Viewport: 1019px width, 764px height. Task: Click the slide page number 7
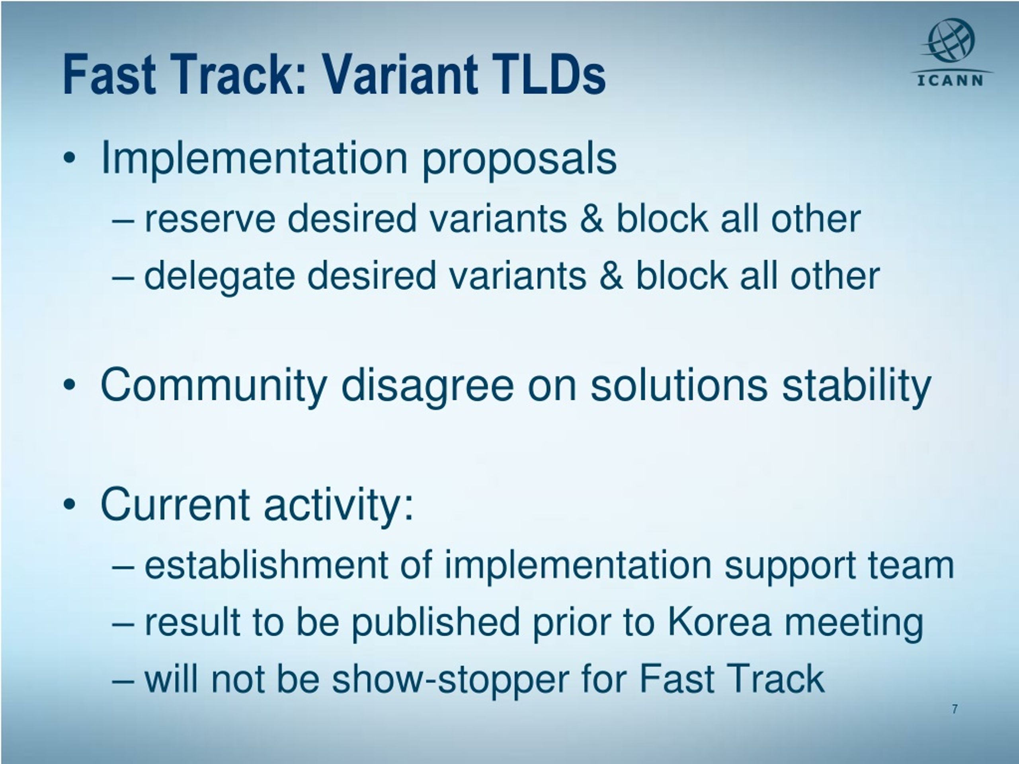(x=955, y=709)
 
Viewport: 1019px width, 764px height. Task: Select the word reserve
(x=210, y=219)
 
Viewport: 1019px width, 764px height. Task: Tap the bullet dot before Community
(x=69, y=386)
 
